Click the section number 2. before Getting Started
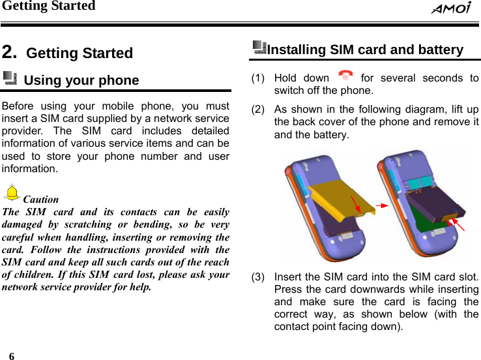(10, 52)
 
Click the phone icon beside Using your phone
(10, 79)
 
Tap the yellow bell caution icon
(12, 193)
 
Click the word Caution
(41, 200)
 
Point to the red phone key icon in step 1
(346, 77)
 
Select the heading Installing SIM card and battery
(366, 50)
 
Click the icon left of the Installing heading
(259, 47)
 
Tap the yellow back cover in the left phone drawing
(339, 200)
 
